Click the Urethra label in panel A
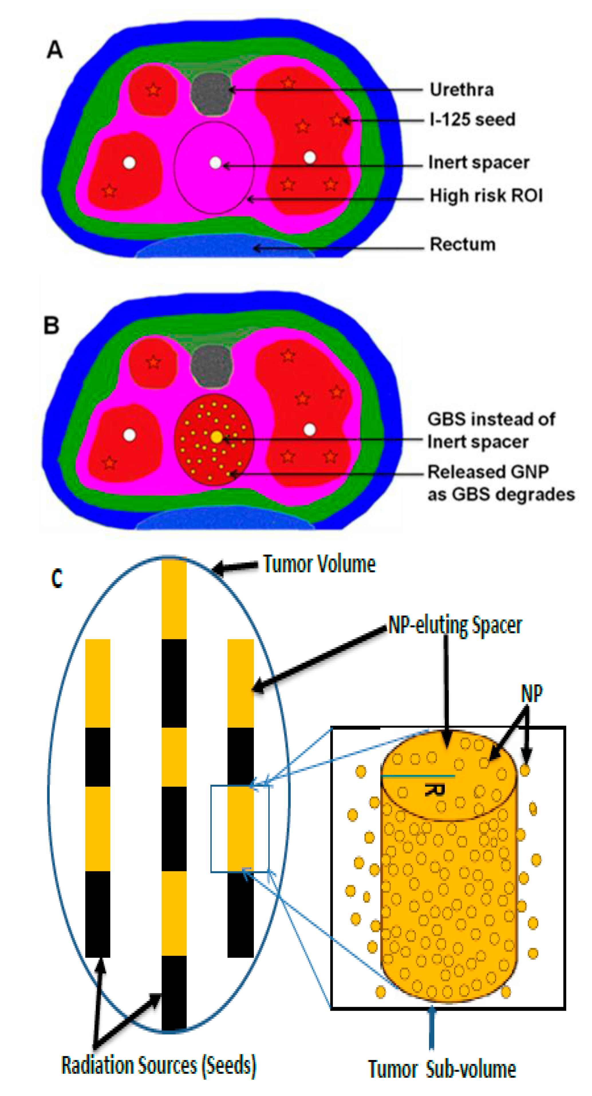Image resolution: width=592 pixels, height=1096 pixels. pos(461,90)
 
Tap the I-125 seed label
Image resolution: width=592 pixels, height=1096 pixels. pos(472,120)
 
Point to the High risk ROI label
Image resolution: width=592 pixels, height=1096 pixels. pos(486,196)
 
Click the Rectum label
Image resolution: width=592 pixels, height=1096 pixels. pos(463,244)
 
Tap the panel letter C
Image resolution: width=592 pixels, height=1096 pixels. pos(57,578)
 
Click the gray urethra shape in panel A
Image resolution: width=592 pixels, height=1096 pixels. pos(212,94)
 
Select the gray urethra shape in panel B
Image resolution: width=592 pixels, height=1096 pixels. pos(212,366)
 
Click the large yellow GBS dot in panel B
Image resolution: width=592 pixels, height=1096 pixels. pos(217,436)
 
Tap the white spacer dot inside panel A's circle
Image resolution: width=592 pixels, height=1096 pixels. pos(215,163)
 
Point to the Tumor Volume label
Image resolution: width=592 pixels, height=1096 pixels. pos(319,564)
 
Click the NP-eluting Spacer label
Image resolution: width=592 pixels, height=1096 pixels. pos(455,626)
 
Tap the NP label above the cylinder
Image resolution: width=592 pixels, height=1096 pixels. pos(532,694)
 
